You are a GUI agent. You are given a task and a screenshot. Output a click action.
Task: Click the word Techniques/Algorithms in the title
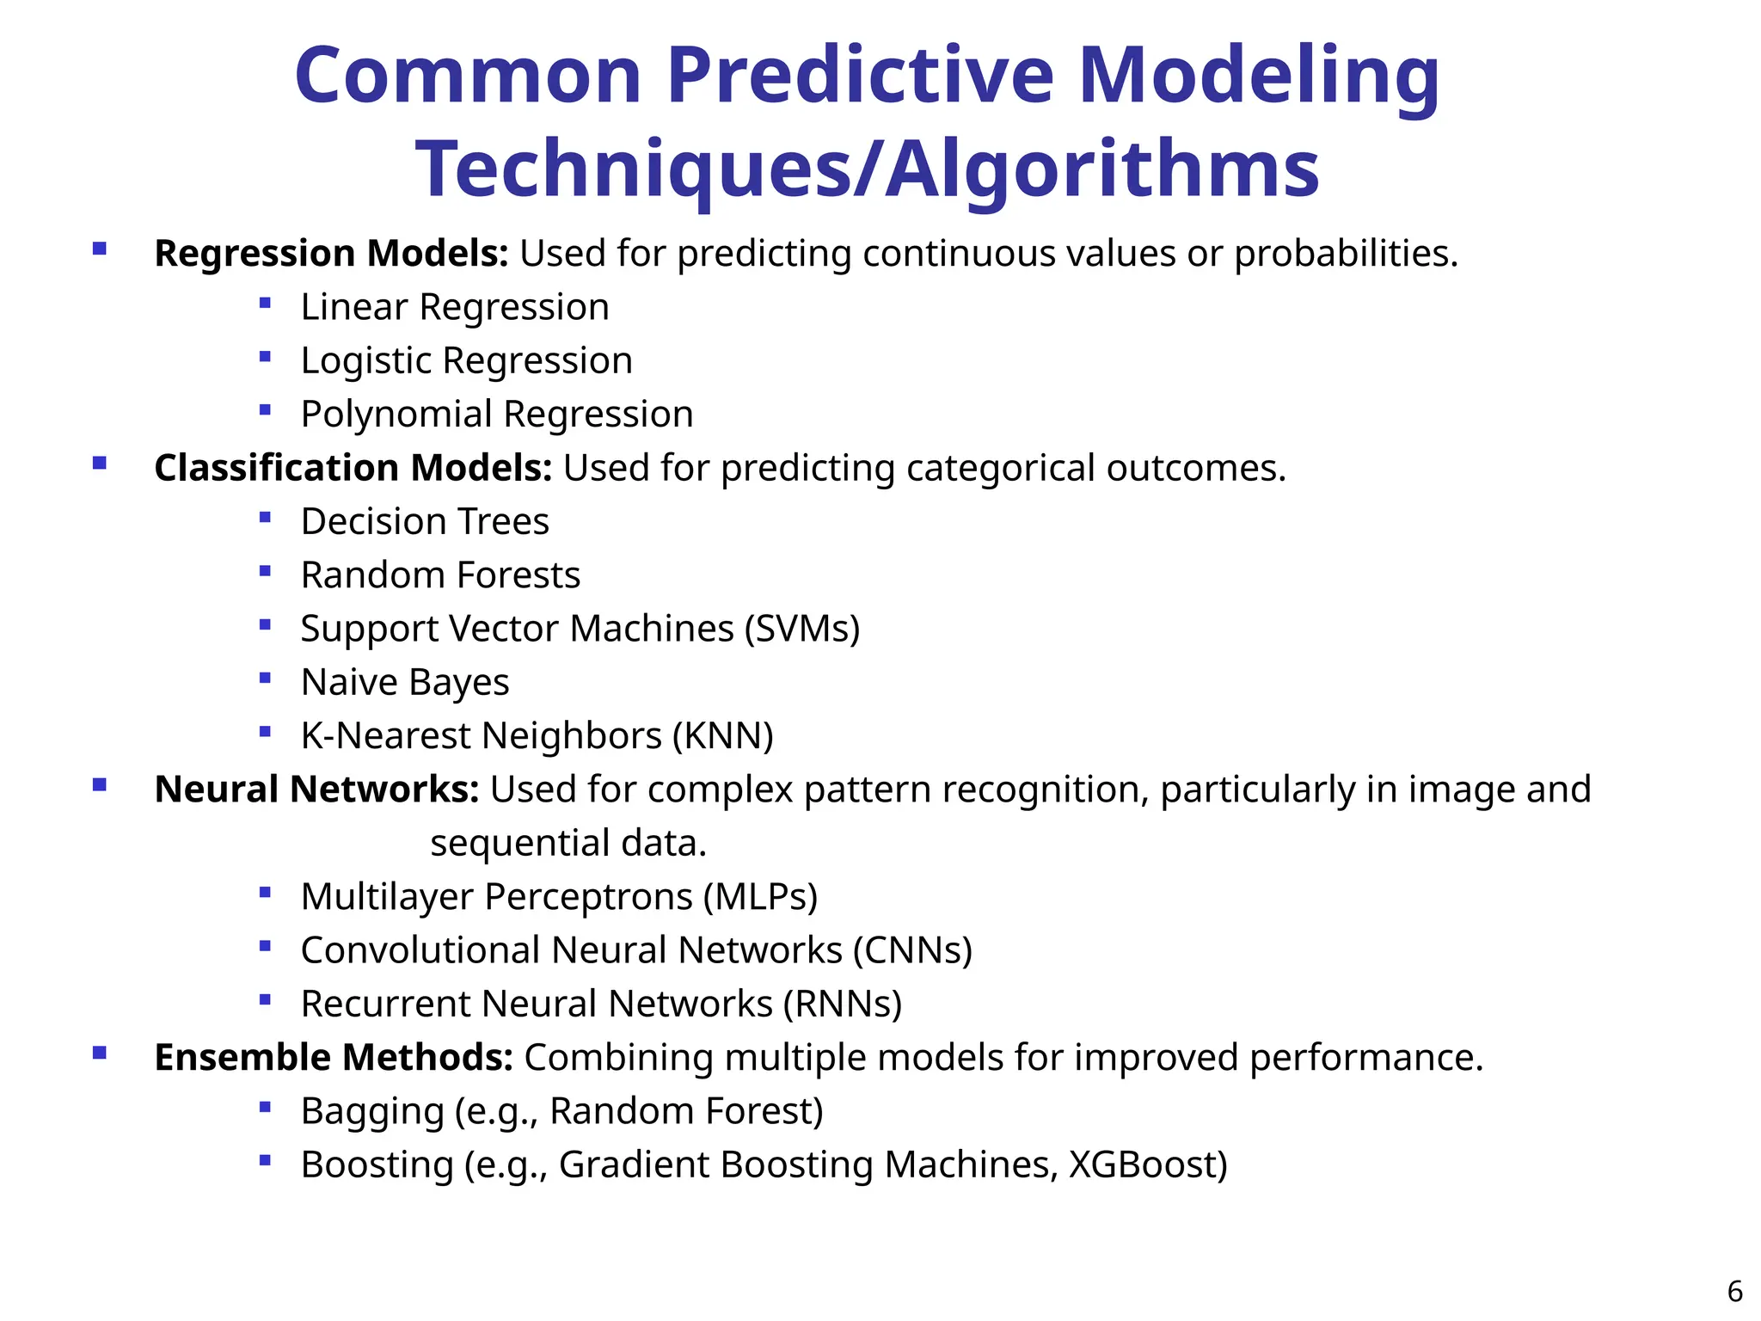coord(867,169)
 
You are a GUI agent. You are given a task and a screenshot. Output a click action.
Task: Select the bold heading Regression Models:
coord(331,254)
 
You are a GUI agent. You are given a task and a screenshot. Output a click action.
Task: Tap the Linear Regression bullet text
coord(455,307)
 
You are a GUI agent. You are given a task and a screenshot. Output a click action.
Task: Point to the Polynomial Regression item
coord(497,415)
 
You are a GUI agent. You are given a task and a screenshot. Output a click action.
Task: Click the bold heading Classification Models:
coord(353,468)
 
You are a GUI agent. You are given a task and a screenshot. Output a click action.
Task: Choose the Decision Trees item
coord(425,522)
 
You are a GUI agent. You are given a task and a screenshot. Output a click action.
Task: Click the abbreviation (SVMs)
coord(801,629)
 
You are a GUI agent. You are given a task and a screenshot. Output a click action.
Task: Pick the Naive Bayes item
coord(405,683)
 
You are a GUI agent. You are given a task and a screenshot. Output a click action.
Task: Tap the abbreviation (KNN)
coord(722,736)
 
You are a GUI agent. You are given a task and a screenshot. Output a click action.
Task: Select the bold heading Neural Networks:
coord(316,790)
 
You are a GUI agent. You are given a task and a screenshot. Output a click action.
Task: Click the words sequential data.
coord(568,844)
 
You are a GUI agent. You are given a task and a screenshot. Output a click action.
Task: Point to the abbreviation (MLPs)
coord(760,897)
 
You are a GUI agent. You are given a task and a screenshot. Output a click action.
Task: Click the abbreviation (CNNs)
coord(912,950)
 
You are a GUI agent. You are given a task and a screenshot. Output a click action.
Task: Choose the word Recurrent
coord(386,1005)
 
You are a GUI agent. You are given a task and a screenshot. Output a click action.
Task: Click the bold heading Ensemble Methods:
coord(334,1058)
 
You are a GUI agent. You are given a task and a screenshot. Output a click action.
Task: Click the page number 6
coord(1734,1292)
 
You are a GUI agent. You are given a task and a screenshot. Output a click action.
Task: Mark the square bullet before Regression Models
coord(100,249)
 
